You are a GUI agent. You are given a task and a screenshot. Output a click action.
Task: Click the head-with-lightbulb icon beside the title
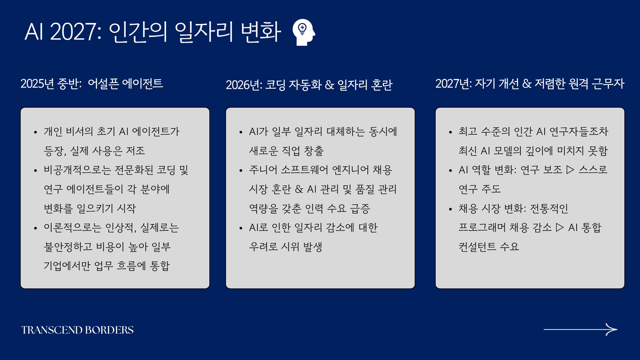(x=304, y=32)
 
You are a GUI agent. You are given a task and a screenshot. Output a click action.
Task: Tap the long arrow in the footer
(x=580, y=329)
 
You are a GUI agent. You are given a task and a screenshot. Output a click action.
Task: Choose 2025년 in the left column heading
(x=37, y=83)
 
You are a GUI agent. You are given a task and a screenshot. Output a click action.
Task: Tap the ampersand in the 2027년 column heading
(x=527, y=84)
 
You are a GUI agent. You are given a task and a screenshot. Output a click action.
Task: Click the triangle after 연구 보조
(x=570, y=170)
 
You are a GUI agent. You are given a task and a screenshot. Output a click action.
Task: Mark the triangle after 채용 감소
(x=560, y=227)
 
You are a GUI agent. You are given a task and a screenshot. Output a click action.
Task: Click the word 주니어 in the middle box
(x=263, y=170)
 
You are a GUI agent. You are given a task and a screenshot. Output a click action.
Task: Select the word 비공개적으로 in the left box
(x=77, y=170)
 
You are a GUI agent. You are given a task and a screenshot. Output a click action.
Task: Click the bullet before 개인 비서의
(x=35, y=132)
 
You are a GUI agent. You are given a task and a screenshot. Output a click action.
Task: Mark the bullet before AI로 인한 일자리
(x=241, y=228)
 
